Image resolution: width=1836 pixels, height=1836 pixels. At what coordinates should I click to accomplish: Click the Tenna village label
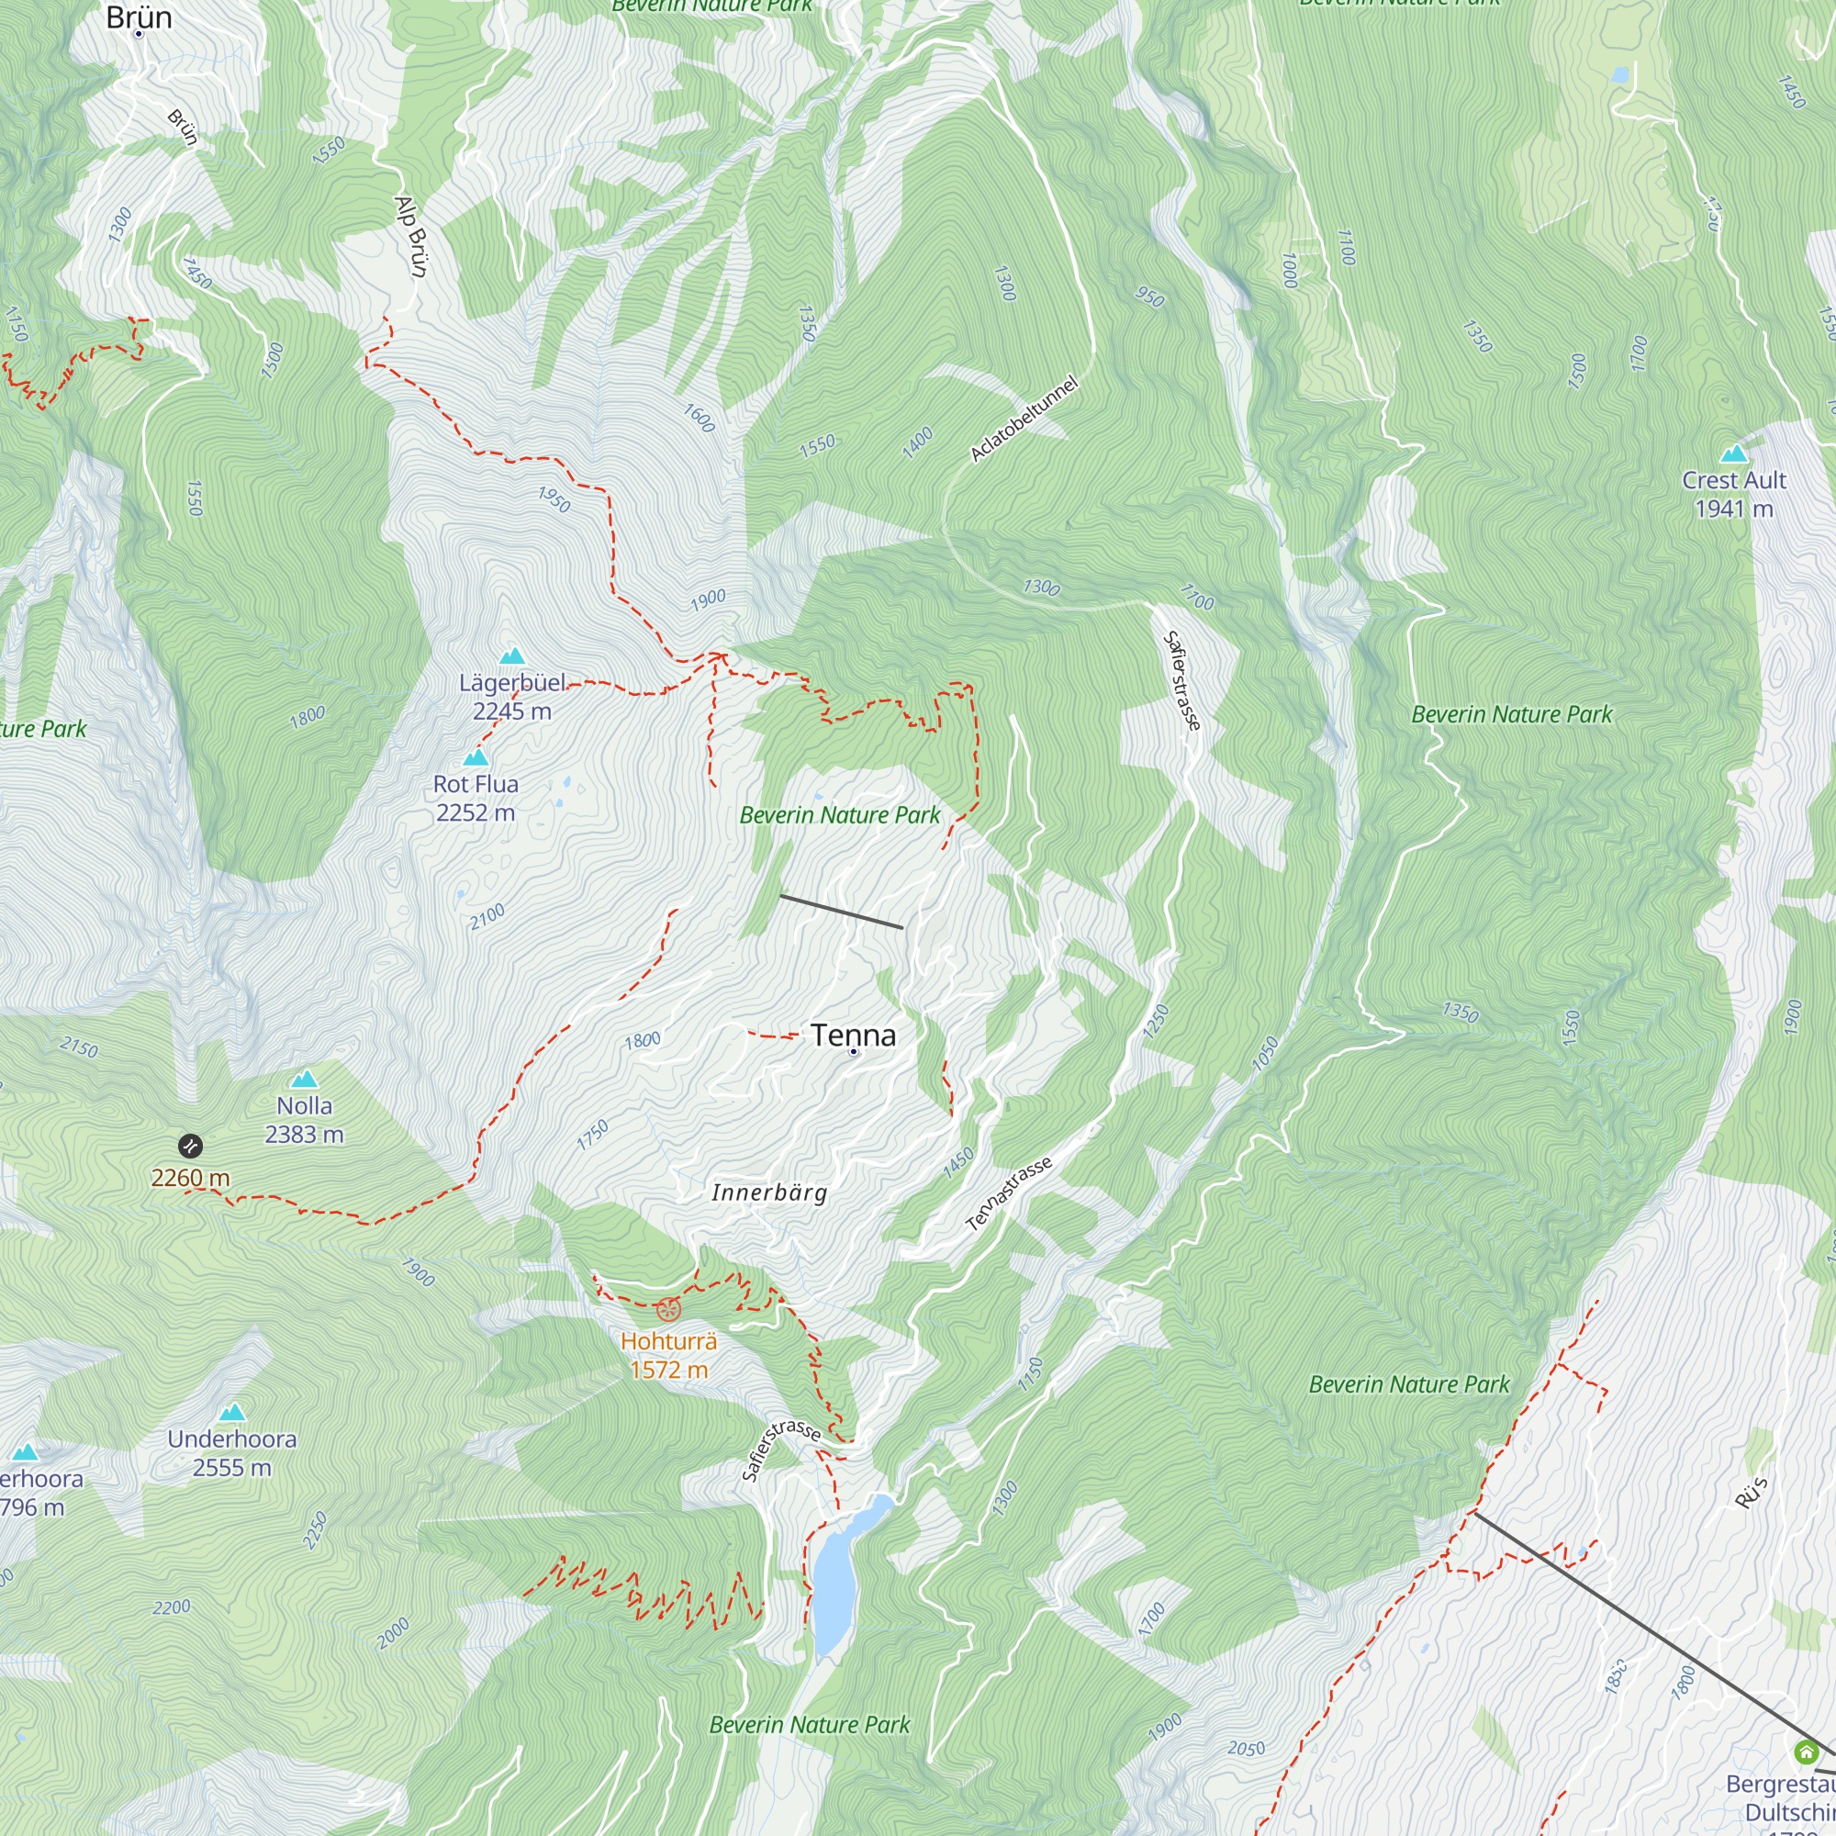[x=853, y=1034]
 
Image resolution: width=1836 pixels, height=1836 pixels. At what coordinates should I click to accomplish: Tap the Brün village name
[x=139, y=17]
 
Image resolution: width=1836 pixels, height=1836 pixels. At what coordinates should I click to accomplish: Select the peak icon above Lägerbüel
[x=512, y=655]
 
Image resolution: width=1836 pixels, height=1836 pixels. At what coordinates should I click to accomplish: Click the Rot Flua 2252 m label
[x=476, y=799]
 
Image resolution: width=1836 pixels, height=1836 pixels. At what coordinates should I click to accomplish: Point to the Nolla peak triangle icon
[x=304, y=1079]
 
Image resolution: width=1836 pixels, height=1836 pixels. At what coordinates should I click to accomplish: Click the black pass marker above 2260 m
[x=190, y=1145]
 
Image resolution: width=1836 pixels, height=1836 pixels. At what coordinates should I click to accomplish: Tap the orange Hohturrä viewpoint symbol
[x=669, y=1310]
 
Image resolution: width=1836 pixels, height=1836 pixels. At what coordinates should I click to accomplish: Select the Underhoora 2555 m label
[x=232, y=1453]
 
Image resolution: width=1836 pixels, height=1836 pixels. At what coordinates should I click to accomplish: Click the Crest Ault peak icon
[x=1734, y=453]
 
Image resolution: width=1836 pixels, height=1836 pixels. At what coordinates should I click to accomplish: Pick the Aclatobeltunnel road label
[x=1024, y=420]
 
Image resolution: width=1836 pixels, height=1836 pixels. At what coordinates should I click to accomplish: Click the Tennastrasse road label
[x=1008, y=1194]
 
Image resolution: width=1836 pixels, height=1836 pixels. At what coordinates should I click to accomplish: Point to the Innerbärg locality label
[x=770, y=1192]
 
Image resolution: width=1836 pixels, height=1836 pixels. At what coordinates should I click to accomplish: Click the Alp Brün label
[x=411, y=237]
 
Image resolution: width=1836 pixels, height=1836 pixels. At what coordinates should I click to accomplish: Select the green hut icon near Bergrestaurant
[x=1806, y=1752]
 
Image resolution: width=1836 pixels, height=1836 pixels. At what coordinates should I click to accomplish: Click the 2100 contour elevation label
[x=487, y=918]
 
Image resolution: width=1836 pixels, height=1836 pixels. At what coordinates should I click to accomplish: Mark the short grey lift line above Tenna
[x=841, y=912]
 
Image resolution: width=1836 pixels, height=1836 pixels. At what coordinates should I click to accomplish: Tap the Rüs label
[x=1751, y=1493]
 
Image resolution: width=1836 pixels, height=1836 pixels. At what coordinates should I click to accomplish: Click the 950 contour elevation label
[x=1150, y=297]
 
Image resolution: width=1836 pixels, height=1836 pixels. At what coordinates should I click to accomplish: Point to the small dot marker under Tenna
[x=854, y=1052]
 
